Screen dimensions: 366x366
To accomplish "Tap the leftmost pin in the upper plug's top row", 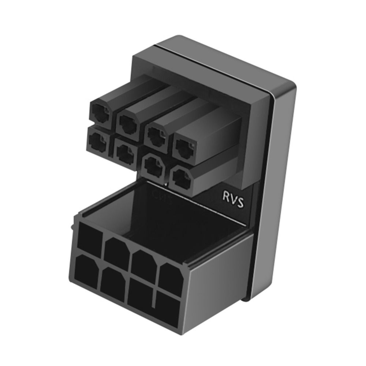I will (x=100, y=113).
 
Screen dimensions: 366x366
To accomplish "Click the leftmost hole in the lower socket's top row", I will (x=90, y=238).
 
